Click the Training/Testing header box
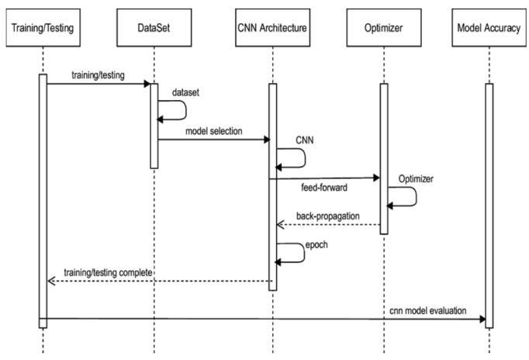(x=43, y=29)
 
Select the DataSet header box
(x=154, y=29)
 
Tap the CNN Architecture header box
(x=272, y=29)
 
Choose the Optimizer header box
(x=383, y=29)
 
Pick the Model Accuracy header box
(x=488, y=29)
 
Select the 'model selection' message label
(x=213, y=131)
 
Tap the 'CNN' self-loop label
(x=305, y=140)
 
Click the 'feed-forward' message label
(x=323, y=188)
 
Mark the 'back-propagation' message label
(x=327, y=215)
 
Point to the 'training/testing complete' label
(x=108, y=272)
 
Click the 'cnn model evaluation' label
(x=428, y=310)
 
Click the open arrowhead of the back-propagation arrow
(x=280, y=225)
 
